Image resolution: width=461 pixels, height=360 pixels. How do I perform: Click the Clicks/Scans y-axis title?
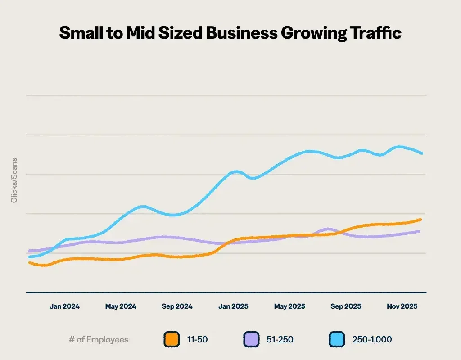[x=14, y=180]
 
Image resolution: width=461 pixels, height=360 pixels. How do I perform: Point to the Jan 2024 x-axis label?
[x=64, y=306]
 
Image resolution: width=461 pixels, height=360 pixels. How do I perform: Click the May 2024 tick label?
[x=121, y=306]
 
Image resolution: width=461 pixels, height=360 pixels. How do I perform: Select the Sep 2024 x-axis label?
[x=177, y=306]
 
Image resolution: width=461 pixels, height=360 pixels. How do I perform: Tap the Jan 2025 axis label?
[x=233, y=306]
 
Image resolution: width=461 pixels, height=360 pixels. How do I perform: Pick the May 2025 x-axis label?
[x=289, y=306]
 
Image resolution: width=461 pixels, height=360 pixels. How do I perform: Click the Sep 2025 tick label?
[x=346, y=306]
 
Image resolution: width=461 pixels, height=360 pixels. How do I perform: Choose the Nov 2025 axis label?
[x=402, y=306]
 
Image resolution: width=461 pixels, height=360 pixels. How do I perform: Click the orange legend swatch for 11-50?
[x=172, y=339]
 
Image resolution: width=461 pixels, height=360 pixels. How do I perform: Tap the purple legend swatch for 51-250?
[x=251, y=339]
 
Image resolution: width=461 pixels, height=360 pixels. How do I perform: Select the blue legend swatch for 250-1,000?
[x=336, y=339]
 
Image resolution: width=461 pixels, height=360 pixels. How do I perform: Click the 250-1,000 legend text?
[x=372, y=339]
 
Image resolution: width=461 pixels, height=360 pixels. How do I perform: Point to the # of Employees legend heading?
[x=98, y=339]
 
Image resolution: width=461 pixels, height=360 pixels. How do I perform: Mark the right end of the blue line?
[x=422, y=153]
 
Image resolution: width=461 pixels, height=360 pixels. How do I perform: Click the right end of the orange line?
[x=420, y=220]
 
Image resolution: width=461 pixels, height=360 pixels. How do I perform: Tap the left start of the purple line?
[x=29, y=251]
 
